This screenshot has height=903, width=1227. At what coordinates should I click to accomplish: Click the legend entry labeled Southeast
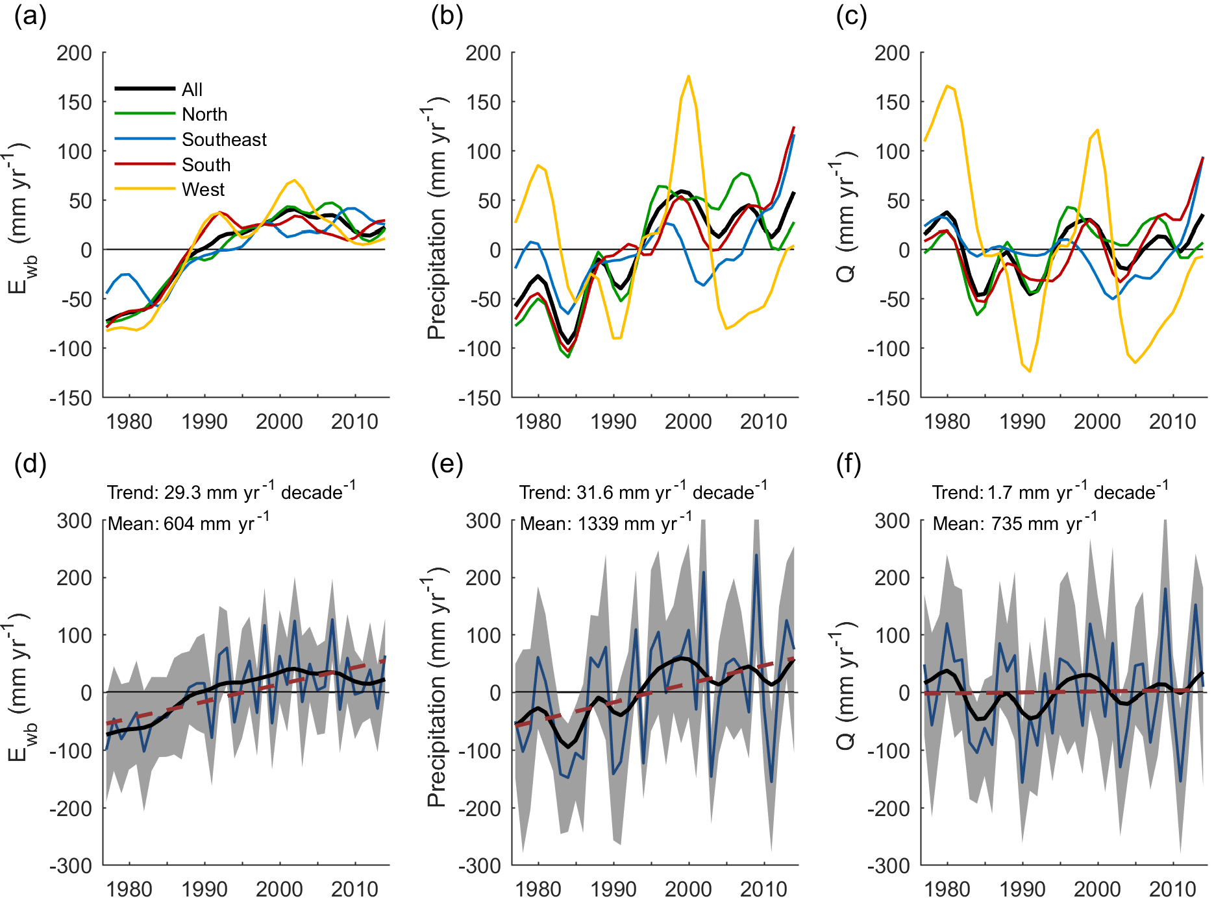pyautogui.click(x=224, y=139)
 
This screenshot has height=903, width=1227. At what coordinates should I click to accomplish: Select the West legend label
pyautogui.click(x=203, y=189)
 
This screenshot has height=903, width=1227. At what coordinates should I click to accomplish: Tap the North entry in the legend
pyautogui.click(x=204, y=114)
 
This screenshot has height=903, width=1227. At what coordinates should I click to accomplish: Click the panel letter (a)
pyautogui.click(x=30, y=16)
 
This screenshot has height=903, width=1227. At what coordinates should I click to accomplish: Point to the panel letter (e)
pyautogui.click(x=447, y=464)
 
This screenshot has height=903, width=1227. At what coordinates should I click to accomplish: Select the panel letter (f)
pyautogui.click(x=849, y=464)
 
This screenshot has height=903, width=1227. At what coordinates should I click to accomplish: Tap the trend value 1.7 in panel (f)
pyautogui.click(x=999, y=493)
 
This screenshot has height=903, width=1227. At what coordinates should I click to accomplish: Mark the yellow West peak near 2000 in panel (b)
pyautogui.click(x=688, y=76)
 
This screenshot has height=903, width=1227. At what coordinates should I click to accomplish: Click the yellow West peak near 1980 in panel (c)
pyautogui.click(x=947, y=86)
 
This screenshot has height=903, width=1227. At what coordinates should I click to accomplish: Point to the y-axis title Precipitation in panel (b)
pyautogui.click(x=437, y=272)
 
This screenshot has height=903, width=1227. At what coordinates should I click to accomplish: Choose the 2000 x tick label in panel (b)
pyautogui.click(x=688, y=422)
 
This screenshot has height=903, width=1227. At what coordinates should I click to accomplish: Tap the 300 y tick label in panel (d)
pyautogui.click(x=75, y=520)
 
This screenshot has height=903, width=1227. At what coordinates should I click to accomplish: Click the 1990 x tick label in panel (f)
pyautogui.click(x=1022, y=889)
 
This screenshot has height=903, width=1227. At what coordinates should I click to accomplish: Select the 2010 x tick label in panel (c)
pyautogui.click(x=1172, y=422)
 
